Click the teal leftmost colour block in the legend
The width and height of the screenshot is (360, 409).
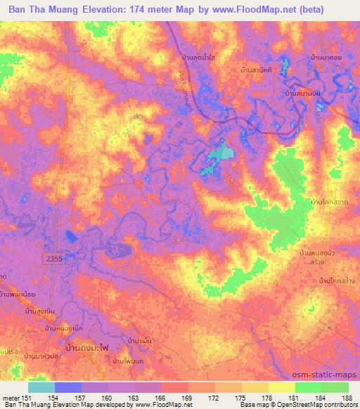41,387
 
